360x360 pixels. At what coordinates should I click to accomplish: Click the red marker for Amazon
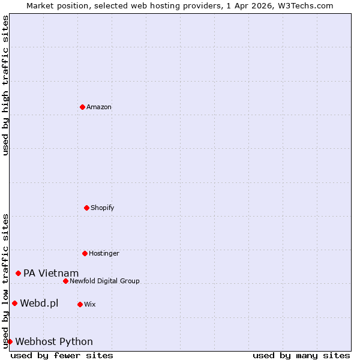click(82, 107)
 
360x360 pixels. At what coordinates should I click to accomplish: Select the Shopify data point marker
click(86, 208)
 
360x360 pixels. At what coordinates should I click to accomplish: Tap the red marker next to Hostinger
click(85, 253)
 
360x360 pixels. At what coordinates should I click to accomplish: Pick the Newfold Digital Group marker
click(65, 281)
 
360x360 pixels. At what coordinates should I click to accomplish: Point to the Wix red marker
click(80, 304)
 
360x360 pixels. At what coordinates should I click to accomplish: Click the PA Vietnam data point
click(18, 273)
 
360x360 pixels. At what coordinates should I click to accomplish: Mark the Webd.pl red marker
click(14, 303)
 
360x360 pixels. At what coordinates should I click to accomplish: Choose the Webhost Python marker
click(10, 341)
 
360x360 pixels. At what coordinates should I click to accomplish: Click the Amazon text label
click(99, 107)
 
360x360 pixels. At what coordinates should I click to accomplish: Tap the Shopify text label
click(103, 208)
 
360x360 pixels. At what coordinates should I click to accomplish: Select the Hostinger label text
click(104, 253)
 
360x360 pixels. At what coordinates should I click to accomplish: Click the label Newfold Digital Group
click(104, 281)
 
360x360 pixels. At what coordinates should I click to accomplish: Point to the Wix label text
click(90, 304)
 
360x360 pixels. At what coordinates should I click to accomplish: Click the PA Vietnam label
click(51, 273)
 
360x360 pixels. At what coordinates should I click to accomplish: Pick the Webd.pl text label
click(39, 303)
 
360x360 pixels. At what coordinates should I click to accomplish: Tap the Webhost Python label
click(54, 341)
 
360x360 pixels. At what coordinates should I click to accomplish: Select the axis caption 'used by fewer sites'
click(62, 355)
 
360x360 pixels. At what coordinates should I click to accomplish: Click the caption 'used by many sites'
click(301, 355)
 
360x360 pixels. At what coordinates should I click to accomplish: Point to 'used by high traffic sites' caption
click(5, 85)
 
